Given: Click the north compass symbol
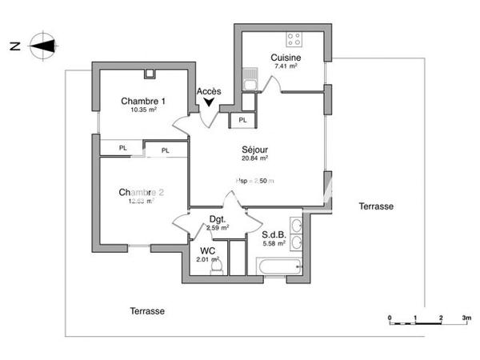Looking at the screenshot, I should click(41, 46).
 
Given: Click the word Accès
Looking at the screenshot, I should click(209, 90).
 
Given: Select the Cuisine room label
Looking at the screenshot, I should click(286, 58).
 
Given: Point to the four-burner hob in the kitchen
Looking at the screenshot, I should click(294, 38).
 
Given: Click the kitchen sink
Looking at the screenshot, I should click(250, 82).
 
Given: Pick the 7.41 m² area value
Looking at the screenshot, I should click(286, 67).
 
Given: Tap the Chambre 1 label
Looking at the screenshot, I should click(143, 101).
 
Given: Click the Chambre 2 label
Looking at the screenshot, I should click(142, 192).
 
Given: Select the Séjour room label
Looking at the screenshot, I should click(254, 149).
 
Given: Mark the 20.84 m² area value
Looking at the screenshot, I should click(254, 158).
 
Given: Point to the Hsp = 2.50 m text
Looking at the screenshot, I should click(254, 181).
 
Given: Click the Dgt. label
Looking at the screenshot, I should click(218, 218).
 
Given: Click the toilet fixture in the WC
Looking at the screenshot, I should click(214, 270).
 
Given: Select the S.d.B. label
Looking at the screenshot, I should click(274, 234).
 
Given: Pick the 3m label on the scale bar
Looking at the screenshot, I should click(466, 318).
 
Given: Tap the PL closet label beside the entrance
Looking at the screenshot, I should click(242, 121).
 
